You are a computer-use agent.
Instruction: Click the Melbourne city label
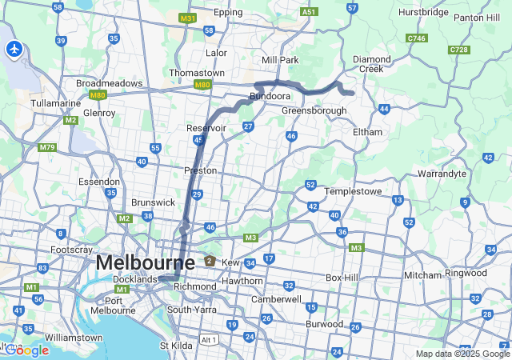click(145, 262)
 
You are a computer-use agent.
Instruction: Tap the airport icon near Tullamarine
click(14, 49)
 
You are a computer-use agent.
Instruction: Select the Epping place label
click(228, 13)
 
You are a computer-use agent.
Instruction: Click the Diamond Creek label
click(374, 63)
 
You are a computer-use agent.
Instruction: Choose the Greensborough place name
click(314, 110)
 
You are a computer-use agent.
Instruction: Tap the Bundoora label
click(270, 96)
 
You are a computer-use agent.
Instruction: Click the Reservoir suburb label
click(207, 128)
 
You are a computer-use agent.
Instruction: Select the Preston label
click(201, 170)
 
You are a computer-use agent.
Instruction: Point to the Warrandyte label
click(442, 173)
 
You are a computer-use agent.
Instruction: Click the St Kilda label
click(177, 346)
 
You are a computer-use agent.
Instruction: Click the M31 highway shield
click(188, 18)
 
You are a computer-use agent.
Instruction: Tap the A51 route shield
click(309, 12)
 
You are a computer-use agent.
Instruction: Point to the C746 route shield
click(416, 38)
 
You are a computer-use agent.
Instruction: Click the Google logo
click(26, 350)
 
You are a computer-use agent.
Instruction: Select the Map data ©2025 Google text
click(462, 354)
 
